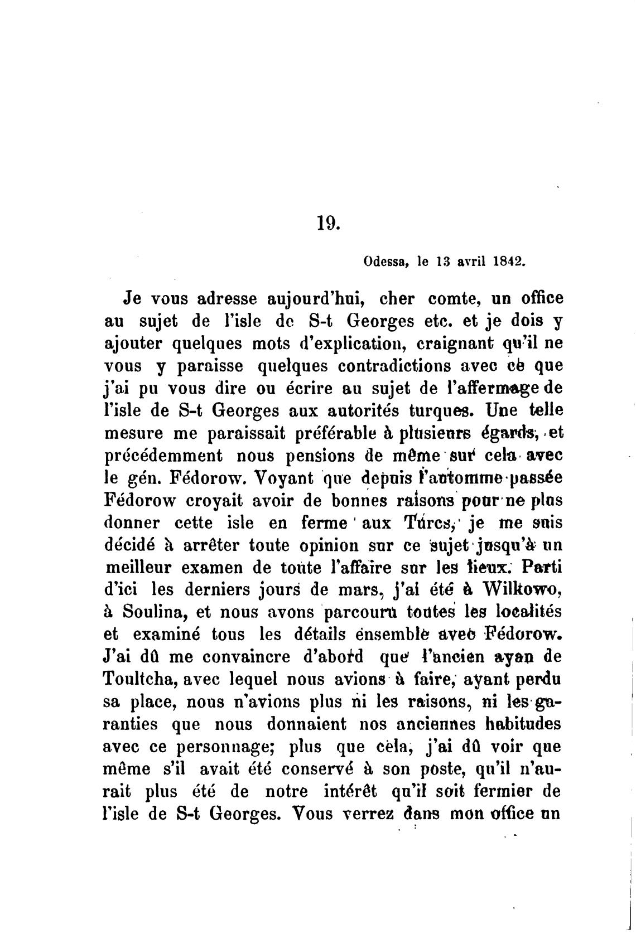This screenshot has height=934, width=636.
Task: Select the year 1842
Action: click(x=509, y=261)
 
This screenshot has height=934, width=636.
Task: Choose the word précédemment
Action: click(x=163, y=456)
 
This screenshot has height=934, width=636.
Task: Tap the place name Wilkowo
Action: click(x=519, y=589)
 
